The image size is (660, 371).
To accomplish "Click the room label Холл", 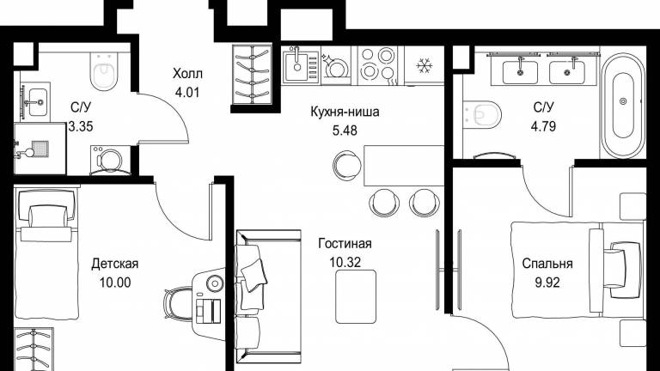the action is pos(187,74).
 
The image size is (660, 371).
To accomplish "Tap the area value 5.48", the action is pos(345,131).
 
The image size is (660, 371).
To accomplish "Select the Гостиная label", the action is pos(345,244).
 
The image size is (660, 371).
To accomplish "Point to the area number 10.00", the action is pos(115,283).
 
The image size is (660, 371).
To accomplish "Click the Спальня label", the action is pos(547,264).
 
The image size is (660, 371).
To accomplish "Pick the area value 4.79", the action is pos(543,126).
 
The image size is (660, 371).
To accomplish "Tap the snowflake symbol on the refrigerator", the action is pos(424,65).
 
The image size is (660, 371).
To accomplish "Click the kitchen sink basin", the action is pos(297,65).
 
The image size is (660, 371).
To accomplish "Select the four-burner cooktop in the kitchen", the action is pos(377,65).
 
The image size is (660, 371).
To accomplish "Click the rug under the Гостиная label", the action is pos(356,296).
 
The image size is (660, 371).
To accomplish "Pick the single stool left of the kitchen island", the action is pos(347,165).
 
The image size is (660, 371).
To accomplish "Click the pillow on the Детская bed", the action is pos(48,216).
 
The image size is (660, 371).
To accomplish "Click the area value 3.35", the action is pos(81,126).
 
